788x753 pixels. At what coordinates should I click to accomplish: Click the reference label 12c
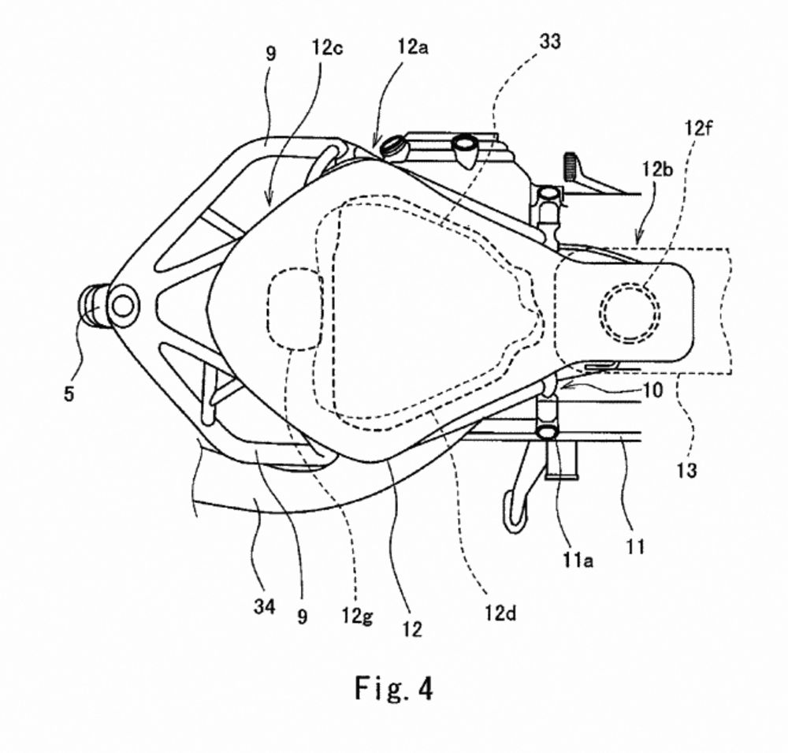pyautogui.click(x=327, y=48)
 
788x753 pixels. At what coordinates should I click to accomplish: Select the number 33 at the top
pyautogui.click(x=550, y=42)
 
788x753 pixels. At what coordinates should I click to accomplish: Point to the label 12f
pyautogui.click(x=698, y=129)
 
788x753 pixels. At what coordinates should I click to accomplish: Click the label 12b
pyautogui.click(x=657, y=170)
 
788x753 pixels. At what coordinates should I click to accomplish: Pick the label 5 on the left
pyautogui.click(x=69, y=393)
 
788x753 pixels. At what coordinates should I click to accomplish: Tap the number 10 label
pyautogui.click(x=652, y=390)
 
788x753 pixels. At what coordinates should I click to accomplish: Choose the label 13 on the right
pyautogui.click(x=686, y=470)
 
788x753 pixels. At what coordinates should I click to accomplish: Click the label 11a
pyautogui.click(x=578, y=559)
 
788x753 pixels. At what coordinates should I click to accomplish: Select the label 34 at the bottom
pyautogui.click(x=264, y=606)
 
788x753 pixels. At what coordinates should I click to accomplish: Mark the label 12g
pyautogui.click(x=357, y=616)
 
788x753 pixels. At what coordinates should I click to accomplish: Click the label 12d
pyautogui.click(x=500, y=613)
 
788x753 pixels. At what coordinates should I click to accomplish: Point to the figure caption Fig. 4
pyautogui.click(x=393, y=688)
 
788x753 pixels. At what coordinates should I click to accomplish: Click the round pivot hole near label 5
pyautogui.click(x=123, y=306)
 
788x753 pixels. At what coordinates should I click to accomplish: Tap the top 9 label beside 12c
pyautogui.click(x=270, y=54)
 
